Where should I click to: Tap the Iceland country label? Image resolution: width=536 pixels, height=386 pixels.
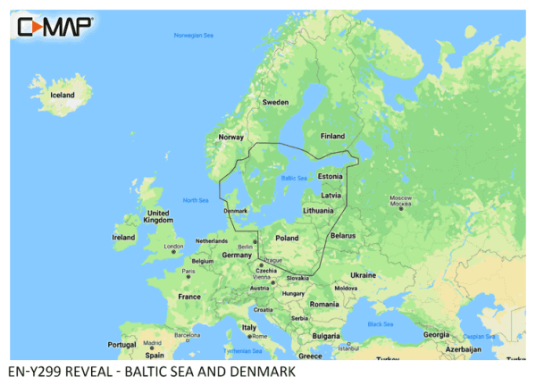point(63,95)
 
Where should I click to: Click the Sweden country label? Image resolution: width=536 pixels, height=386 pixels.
point(274,103)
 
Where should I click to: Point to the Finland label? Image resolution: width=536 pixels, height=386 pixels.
point(332,136)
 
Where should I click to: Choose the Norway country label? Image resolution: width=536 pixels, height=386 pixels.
point(231,138)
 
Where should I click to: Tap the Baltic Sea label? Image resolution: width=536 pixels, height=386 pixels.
point(294,179)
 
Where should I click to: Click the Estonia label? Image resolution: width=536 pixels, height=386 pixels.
point(331,176)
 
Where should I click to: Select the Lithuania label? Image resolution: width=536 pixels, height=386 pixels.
point(319,210)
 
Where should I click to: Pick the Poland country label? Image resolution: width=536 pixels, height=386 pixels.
point(288,239)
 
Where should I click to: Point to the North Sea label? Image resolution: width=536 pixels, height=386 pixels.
point(195,199)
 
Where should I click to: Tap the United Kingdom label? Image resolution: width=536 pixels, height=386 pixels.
point(158,217)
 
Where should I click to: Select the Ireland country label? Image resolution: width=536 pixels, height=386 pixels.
point(123,238)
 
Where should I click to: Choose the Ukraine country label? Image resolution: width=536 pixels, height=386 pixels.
point(363,275)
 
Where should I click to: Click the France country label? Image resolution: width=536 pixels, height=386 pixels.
point(189,297)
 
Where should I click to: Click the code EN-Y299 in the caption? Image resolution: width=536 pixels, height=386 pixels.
point(34,371)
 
